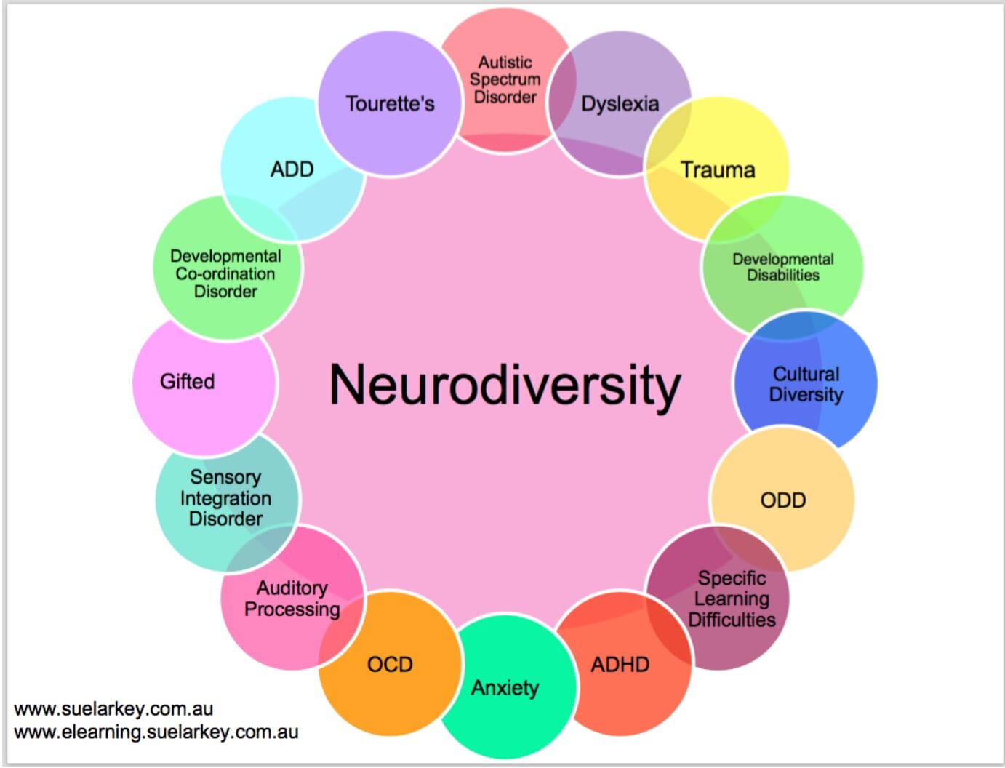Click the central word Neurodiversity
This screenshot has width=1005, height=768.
coord(505,385)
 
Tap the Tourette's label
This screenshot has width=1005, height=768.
coord(390,104)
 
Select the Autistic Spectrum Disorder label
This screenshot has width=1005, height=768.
coord(505,80)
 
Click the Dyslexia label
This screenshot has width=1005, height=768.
coord(620,104)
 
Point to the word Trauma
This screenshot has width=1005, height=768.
coord(717,170)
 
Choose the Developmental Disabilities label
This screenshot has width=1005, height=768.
coord(782,267)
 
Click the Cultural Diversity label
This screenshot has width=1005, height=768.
coord(806,384)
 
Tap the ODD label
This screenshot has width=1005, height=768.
coord(782,500)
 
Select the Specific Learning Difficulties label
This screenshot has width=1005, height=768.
coord(732,599)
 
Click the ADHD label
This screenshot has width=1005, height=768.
coord(620,665)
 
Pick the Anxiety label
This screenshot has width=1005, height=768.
coord(505,688)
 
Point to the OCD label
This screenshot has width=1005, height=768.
coord(390,665)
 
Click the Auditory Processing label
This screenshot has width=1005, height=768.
coord(292,599)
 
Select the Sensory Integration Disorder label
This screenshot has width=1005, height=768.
coord(225,498)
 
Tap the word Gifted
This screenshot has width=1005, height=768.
coord(187,382)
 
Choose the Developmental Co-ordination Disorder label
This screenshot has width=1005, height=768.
coord(225,274)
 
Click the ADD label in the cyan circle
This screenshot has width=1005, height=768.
coord(292,169)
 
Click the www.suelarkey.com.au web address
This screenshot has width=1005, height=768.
coord(113,709)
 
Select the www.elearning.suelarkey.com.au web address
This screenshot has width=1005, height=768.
coord(156,732)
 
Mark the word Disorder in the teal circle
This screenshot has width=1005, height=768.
coord(225,519)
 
